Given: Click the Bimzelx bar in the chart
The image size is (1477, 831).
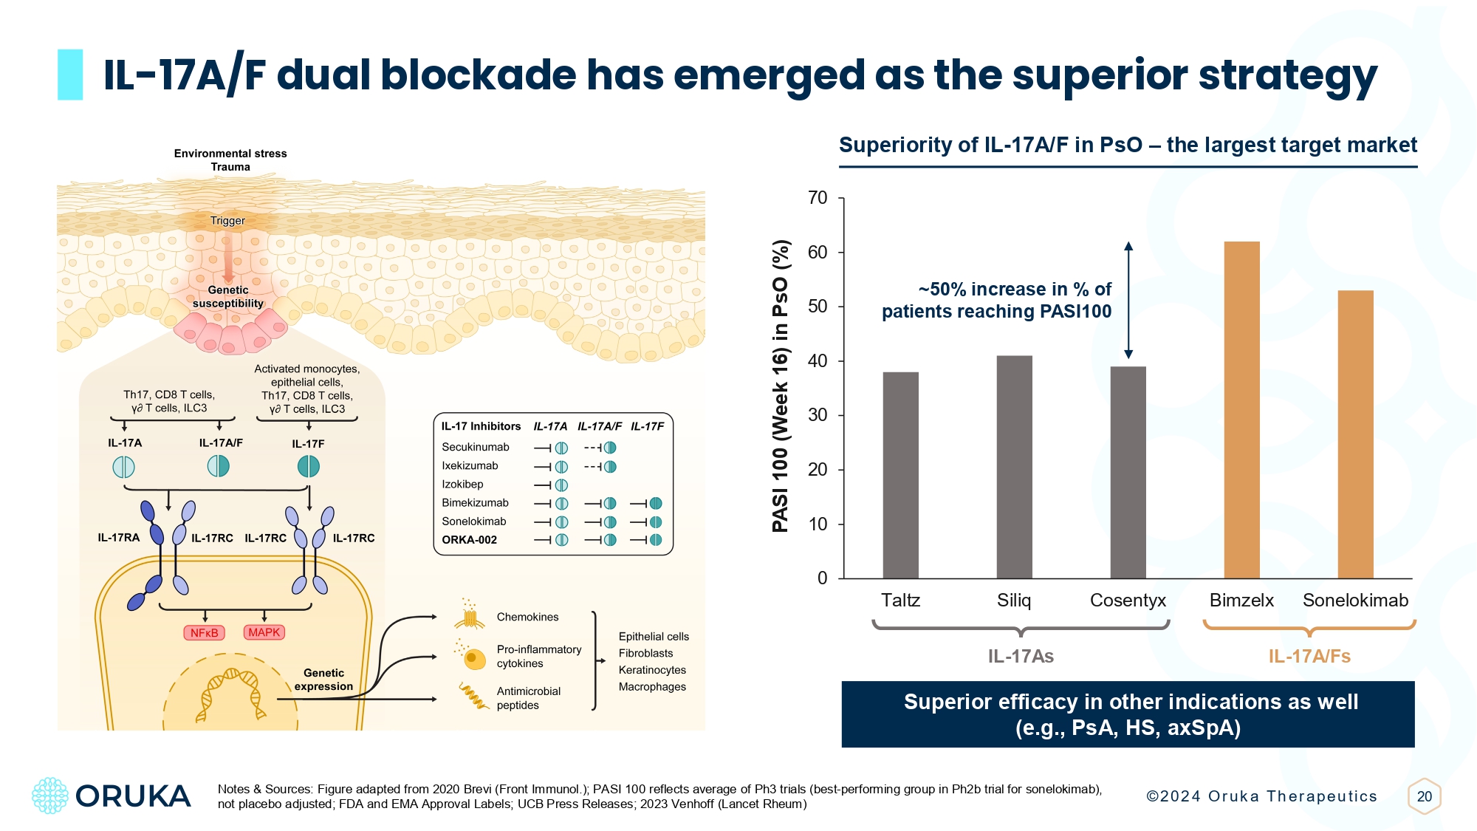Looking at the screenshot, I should coord(1241,410).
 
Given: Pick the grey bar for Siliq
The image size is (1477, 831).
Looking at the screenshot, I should coord(1014,467).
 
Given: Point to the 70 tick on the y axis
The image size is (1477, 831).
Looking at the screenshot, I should coord(818,198).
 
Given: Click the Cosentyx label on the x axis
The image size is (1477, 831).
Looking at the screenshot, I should coord(1128,601).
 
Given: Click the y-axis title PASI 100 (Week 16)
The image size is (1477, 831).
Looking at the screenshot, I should coord(781,385).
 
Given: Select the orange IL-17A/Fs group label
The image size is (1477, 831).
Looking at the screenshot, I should coord(1309,657).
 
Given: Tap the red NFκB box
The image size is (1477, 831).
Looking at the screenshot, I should coord(204,633).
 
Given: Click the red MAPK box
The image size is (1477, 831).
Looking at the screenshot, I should coord(264,632).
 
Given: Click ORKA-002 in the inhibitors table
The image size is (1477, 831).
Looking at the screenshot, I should coord(469,540).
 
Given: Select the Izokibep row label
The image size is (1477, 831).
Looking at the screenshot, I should coord(462,485).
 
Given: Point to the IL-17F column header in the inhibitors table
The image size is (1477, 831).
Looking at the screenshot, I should coord(647,426).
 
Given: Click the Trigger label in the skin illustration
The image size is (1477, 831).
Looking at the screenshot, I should coord(227,221).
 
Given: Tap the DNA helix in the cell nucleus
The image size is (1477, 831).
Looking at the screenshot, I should coord(231,694).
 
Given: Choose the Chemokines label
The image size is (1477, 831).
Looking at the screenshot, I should coord(527,618).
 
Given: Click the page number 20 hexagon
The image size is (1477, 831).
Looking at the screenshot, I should coord(1424,796).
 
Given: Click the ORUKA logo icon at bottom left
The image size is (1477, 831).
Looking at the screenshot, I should coord(50,796).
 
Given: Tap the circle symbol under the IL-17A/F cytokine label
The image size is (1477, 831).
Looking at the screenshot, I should coord(218,466).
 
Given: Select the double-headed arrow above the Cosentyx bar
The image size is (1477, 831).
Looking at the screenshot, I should coord(1128,300).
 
